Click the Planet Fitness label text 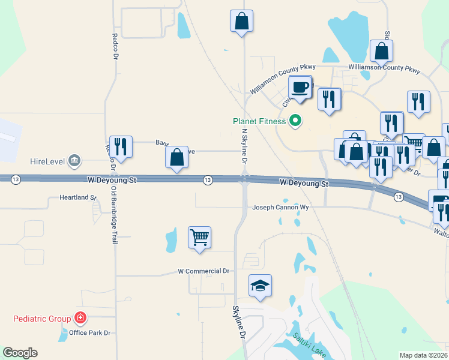coord(259,121)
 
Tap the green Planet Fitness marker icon coord(295,121)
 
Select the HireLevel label coord(46,161)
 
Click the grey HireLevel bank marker coord(74,160)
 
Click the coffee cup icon coord(300,88)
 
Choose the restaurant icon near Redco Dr coord(121,146)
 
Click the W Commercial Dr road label coord(203,271)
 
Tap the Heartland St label coord(78,197)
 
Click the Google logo coord(20,353)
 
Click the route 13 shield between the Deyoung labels coord(208,180)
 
